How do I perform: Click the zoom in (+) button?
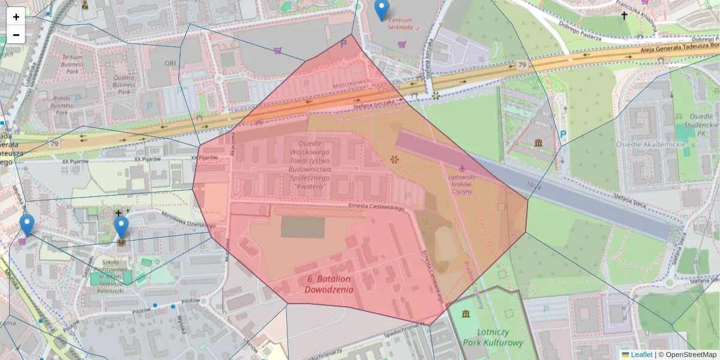coord(16,17)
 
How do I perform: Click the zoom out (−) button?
coord(16,35)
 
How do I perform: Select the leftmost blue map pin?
coord(26,225)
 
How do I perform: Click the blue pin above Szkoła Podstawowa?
coord(121,227)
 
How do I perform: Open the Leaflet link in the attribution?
coord(641,355)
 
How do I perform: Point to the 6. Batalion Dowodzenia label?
coord(329,284)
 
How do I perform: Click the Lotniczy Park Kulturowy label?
coord(493,337)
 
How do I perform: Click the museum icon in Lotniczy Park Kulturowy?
coord(466,314)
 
